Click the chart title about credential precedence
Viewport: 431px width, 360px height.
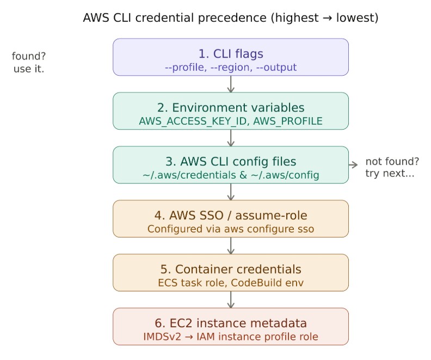pos(231,17)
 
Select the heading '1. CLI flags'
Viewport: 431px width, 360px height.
pos(231,53)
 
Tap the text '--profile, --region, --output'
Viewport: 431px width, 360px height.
pos(231,68)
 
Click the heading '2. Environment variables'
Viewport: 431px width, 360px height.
pos(231,107)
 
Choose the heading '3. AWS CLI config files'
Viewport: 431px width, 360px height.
pos(231,161)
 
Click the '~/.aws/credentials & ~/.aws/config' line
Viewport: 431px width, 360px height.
pos(231,175)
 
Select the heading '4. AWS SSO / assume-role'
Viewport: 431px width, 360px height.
pos(231,215)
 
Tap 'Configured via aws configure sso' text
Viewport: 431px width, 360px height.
pos(231,229)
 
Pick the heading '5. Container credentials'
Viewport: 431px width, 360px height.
pos(231,269)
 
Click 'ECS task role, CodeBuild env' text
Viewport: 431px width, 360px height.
pos(231,283)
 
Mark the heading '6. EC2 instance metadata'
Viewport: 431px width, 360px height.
pos(231,323)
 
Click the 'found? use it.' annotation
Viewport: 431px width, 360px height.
pos(28,63)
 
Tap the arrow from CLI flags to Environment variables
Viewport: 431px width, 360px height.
pos(231,84)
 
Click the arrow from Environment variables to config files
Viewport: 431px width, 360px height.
pos(231,138)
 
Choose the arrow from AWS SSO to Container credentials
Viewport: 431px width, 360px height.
pos(231,246)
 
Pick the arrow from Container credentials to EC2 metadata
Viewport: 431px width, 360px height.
pos(231,300)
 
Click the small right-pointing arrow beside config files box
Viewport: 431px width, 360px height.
pos(353,164)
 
